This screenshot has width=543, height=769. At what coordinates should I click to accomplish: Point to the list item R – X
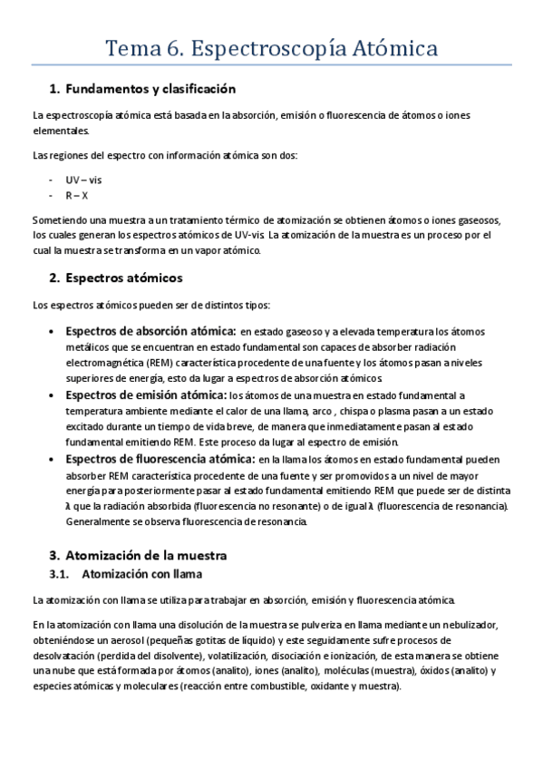click(77, 195)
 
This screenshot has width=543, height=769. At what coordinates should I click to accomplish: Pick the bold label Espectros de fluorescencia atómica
click(159, 459)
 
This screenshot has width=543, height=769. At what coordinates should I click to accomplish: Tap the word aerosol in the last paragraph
click(136, 640)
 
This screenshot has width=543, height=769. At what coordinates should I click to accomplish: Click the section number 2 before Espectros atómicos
click(53, 277)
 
